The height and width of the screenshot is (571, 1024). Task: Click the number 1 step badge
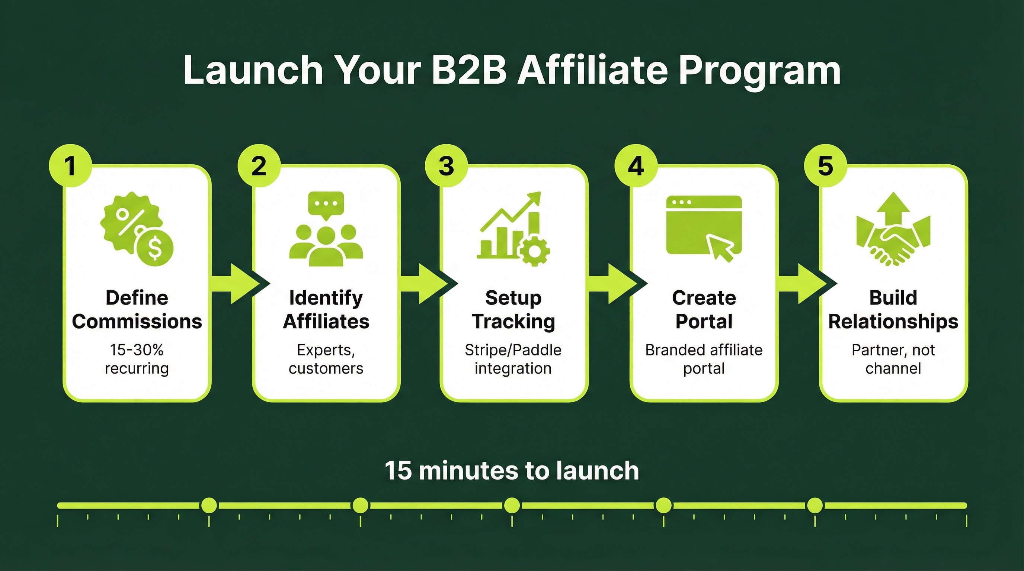[70, 165]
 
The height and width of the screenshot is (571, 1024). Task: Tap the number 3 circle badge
[447, 165]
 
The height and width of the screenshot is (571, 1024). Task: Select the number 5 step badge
[825, 165]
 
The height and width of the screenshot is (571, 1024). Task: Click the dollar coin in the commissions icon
[155, 248]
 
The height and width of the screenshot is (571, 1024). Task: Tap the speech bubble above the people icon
[326, 204]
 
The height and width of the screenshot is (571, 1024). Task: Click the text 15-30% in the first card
[137, 350]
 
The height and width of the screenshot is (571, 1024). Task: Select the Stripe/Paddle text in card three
[513, 350]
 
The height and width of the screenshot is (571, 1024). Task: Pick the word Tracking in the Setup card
[513, 322]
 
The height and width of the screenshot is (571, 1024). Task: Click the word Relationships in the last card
[893, 322]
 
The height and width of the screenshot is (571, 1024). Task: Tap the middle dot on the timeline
[512, 506]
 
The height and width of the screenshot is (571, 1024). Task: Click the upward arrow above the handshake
[893, 209]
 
